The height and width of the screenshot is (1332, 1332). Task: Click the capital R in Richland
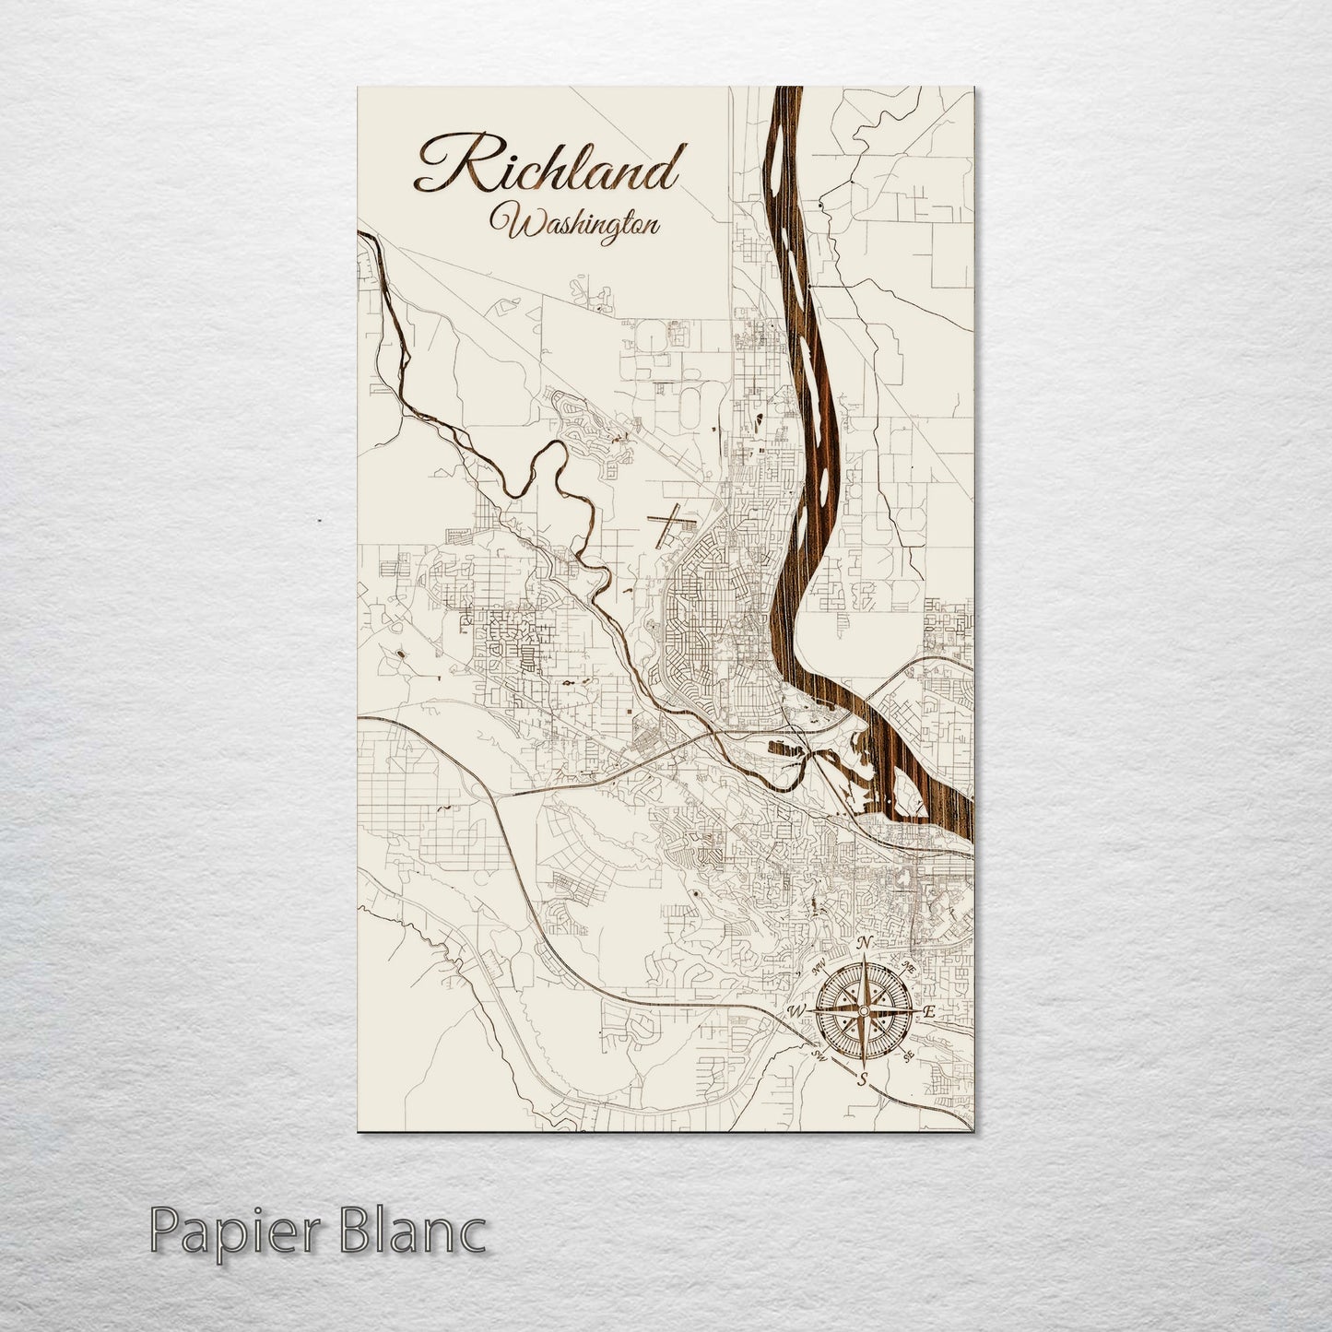click(445, 166)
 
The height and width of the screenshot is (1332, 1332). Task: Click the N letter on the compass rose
click(865, 943)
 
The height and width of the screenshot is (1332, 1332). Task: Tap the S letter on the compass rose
click(863, 1079)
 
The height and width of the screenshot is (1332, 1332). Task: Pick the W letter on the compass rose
click(796, 1012)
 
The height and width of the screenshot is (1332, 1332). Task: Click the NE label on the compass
click(908, 967)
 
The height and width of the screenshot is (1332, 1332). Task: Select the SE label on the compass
click(910, 1055)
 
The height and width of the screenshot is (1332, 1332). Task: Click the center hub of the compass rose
click(863, 1011)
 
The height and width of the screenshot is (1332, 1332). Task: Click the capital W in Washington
click(509, 224)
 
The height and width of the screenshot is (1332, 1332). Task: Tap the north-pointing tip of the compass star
click(864, 959)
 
